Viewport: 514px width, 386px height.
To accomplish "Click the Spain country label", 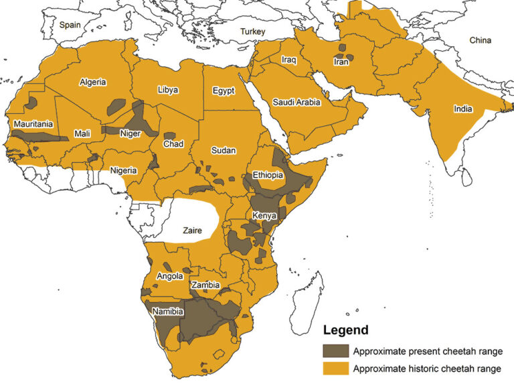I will pyautogui.click(x=70, y=25).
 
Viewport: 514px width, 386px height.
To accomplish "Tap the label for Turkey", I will pyautogui.click(x=254, y=31).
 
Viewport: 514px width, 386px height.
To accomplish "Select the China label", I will pyautogui.click(x=479, y=41).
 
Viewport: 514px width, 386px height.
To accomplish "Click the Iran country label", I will pyautogui.click(x=341, y=62).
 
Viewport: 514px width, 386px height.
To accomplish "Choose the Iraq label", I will pyautogui.click(x=288, y=60).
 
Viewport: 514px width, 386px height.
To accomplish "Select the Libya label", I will pyautogui.click(x=168, y=90).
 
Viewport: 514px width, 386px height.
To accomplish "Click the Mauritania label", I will pyautogui.click(x=33, y=124).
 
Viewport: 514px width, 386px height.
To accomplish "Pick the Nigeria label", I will pyautogui.click(x=123, y=170).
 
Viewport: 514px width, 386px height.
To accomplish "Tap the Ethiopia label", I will pyautogui.click(x=268, y=176).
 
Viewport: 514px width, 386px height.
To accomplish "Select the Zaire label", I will pyautogui.click(x=191, y=230).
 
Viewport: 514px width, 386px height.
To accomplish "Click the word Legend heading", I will pyautogui.click(x=345, y=330).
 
